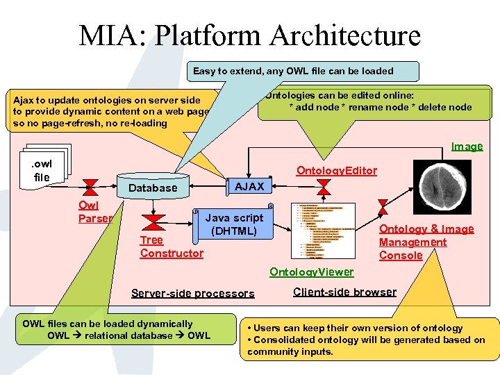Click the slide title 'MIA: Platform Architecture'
tap(250, 36)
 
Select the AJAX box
tap(249, 186)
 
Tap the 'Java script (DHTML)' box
tap(234, 224)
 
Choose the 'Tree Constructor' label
tap(172, 247)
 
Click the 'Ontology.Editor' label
tap(336, 171)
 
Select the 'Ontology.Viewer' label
tap(311, 272)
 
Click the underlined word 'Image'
tap(467, 146)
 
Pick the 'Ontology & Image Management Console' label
tap(426, 242)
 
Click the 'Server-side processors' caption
tap(192, 293)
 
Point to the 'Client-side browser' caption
tap(344, 292)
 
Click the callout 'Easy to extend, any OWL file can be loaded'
tap(292, 71)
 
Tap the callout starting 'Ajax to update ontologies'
tap(109, 111)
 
